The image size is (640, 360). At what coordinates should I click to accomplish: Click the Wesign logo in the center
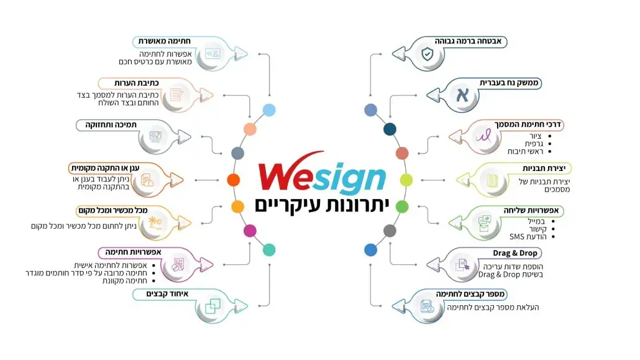[322, 173]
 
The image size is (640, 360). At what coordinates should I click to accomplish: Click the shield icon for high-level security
[427, 54]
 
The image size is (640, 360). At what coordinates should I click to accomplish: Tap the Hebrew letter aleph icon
[462, 95]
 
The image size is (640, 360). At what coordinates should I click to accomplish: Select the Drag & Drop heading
[514, 253]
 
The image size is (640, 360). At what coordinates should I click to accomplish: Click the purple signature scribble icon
[483, 136]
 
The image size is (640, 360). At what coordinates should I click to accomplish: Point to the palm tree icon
[155, 223]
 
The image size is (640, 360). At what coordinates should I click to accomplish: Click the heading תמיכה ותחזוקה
[111, 124]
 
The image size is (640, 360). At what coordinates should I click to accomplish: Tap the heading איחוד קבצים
[167, 294]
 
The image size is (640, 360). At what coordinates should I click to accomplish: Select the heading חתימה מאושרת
[164, 41]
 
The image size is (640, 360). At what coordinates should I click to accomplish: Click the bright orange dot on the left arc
[234, 180]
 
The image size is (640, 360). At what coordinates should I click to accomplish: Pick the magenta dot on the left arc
[250, 231]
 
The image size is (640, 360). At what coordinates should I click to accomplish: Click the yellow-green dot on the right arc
[406, 180]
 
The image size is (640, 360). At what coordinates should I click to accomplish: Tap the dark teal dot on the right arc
[390, 129]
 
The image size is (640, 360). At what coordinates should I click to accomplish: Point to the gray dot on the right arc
[390, 231]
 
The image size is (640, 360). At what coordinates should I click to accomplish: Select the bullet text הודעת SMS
[528, 237]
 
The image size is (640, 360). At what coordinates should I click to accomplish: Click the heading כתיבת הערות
[136, 83]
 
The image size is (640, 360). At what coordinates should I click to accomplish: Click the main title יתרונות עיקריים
[322, 205]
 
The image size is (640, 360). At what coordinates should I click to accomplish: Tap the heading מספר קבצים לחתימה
[470, 294]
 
